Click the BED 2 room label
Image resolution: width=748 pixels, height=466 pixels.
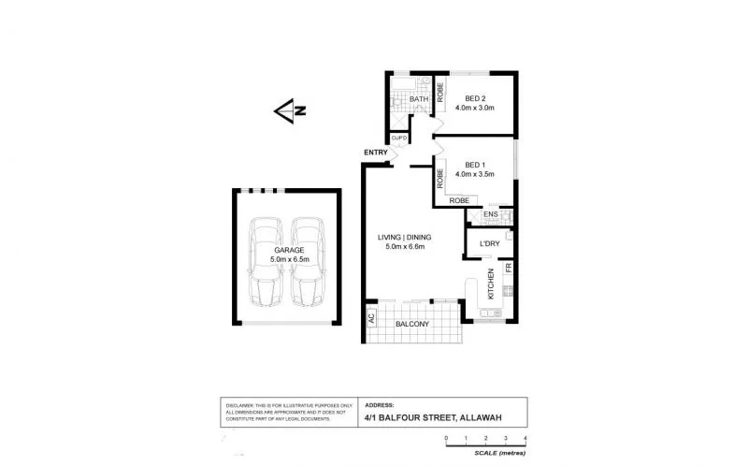click(x=476, y=98)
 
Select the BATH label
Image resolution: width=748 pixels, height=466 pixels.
click(x=418, y=98)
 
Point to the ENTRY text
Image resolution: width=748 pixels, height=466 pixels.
click(x=377, y=153)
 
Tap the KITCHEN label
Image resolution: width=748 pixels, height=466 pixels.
click(x=489, y=284)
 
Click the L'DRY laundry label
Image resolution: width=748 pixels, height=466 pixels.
click(x=489, y=244)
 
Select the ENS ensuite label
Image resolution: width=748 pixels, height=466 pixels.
click(x=491, y=215)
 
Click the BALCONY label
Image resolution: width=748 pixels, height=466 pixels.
click(x=411, y=325)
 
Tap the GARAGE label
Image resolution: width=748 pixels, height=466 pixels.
click(x=288, y=250)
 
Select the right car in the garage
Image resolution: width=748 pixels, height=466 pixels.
click(x=308, y=262)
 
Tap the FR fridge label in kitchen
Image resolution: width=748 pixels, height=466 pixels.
click(x=509, y=269)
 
